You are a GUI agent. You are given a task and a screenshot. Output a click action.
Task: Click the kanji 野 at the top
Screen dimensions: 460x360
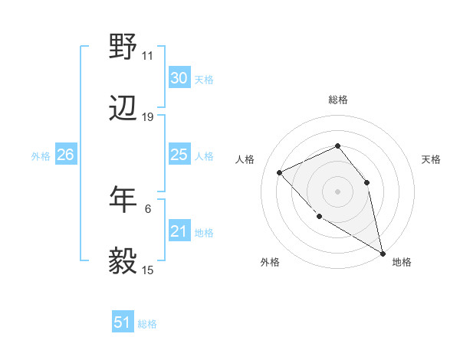123,48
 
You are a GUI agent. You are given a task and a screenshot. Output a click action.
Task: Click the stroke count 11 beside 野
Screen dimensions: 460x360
148,55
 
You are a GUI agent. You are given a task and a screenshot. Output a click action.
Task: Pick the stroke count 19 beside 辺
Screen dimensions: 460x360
148,117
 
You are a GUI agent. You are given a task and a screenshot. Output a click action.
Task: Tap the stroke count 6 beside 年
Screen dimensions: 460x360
148,207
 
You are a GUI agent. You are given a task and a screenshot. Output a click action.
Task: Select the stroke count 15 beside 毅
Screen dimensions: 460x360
148,270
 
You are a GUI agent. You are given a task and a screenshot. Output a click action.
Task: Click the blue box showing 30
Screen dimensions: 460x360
179,78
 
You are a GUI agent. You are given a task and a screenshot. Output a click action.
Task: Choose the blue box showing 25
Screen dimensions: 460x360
179,155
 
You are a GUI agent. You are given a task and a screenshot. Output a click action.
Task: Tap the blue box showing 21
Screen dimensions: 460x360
179,231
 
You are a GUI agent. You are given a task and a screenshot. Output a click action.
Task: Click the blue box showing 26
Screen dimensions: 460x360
65,155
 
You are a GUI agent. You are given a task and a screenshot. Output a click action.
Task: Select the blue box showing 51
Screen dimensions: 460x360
123,322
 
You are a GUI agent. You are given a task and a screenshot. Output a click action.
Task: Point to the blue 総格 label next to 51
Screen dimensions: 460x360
147,324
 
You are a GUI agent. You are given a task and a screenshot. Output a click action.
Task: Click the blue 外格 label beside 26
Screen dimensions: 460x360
41,156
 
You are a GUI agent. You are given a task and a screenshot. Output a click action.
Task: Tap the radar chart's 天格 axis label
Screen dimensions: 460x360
431,159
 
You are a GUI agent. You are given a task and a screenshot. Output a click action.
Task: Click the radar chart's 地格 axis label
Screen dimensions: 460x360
402,263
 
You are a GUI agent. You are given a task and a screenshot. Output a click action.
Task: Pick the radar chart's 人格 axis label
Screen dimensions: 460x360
245,159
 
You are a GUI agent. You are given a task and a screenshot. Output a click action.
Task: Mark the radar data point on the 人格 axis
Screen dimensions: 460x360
280,172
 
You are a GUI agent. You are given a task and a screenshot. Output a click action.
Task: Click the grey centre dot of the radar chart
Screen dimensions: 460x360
337,191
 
